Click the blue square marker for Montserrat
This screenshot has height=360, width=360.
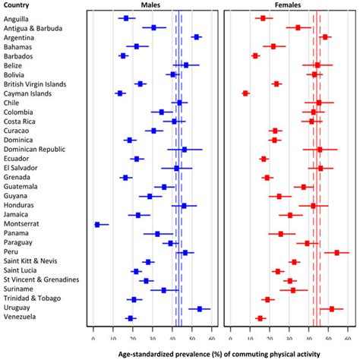[x=97, y=225]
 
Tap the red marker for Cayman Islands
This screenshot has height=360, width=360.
[x=245, y=93]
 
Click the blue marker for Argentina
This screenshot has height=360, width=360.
[x=196, y=36]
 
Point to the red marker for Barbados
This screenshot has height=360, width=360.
[x=255, y=55]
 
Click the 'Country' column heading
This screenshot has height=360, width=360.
[x=17, y=6]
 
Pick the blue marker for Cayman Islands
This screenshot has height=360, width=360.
[x=120, y=93]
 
